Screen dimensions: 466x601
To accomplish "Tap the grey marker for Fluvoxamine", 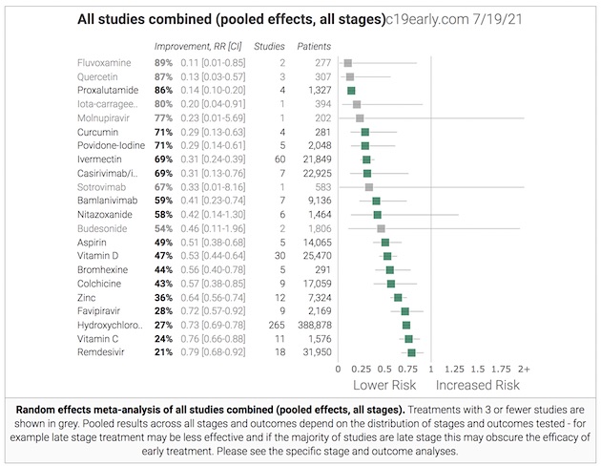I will tap(348, 62).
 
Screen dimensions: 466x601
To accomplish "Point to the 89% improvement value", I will tap(164, 62).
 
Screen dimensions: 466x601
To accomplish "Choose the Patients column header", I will tap(315, 45).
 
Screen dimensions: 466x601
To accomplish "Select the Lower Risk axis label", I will tap(384, 386).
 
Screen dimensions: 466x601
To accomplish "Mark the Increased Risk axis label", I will tap(478, 386).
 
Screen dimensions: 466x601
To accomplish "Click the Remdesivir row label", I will tap(100, 353).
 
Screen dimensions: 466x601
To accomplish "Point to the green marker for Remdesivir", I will tap(412, 353).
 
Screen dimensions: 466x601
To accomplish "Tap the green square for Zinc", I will tap(398, 298).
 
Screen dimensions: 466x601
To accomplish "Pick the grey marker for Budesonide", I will tap(381, 228).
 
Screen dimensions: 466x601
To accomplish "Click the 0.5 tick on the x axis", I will tap(384, 368).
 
